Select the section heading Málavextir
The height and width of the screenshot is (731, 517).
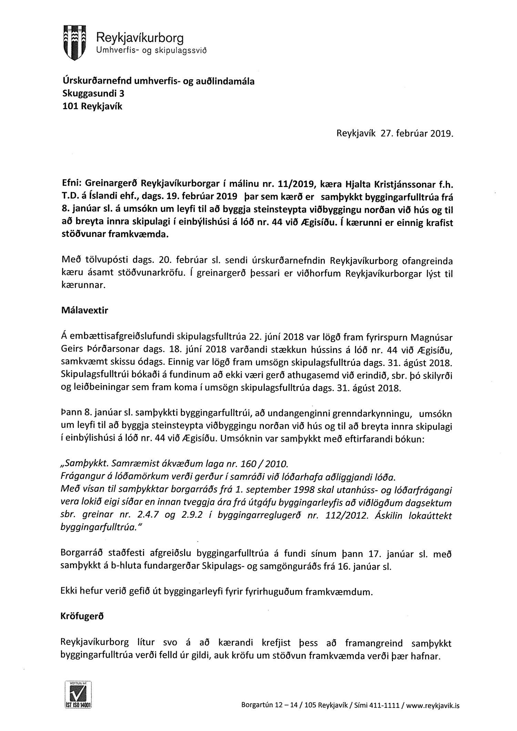(x=84, y=310)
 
